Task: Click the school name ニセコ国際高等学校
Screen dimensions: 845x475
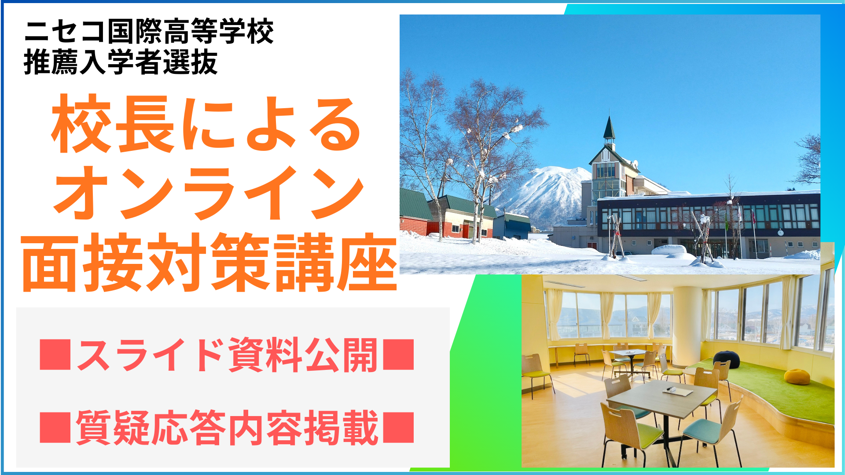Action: coord(149,31)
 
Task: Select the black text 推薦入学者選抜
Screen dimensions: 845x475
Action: coord(121,62)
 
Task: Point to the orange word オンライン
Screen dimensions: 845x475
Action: coord(209,194)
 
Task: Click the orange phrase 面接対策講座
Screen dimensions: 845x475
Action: coord(209,263)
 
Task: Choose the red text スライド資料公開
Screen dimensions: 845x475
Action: coord(227,354)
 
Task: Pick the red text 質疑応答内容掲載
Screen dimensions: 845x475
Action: coord(227,427)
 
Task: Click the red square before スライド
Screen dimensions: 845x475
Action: coord(55,354)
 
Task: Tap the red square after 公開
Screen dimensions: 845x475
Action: coord(399,354)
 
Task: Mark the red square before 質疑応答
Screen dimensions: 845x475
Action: coord(55,427)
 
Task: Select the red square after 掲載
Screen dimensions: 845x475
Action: coord(399,427)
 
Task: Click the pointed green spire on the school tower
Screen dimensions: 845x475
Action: coord(609,128)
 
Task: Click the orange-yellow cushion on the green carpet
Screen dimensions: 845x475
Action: coord(797,376)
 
